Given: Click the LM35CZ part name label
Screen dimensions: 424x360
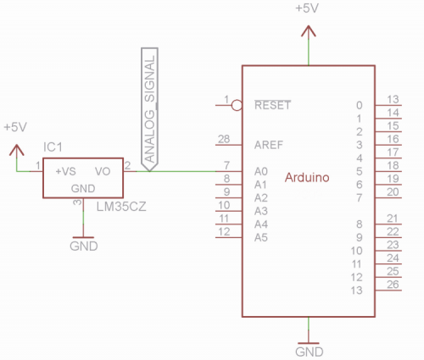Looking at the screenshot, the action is tap(121, 207).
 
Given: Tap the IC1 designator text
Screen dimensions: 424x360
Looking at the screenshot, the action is tap(53, 147).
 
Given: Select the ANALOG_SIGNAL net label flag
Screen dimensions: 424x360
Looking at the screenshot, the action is tap(149, 109).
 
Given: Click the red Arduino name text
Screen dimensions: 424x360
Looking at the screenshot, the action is tap(307, 177).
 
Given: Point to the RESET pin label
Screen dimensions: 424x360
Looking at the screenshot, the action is tap(272, 105).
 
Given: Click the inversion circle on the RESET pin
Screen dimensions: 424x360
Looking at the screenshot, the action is tap(237, 105).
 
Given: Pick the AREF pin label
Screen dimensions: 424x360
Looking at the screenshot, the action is tap(269, 145).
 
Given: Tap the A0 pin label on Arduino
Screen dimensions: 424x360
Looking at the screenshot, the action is tap(261, 171).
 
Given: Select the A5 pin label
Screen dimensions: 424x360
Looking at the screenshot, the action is tap(261, 238).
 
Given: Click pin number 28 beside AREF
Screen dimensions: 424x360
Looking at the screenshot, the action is tap(224, 139).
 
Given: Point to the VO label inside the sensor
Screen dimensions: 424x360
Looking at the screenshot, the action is tap(103, 171).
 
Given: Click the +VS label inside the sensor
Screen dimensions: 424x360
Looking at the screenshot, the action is tap(65, 171).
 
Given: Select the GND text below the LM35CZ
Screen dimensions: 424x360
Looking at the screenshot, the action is tap(84, 246).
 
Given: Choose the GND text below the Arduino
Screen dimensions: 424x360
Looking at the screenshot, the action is tap(310, 352).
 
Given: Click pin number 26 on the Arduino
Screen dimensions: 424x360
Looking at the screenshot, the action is tap(393, 285).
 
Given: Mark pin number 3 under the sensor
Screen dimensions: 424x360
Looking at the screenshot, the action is tap(77, 202).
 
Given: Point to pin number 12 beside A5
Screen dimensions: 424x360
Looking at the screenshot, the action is tap(224, 232).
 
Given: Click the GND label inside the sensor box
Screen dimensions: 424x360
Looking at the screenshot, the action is tap(83, 189).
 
